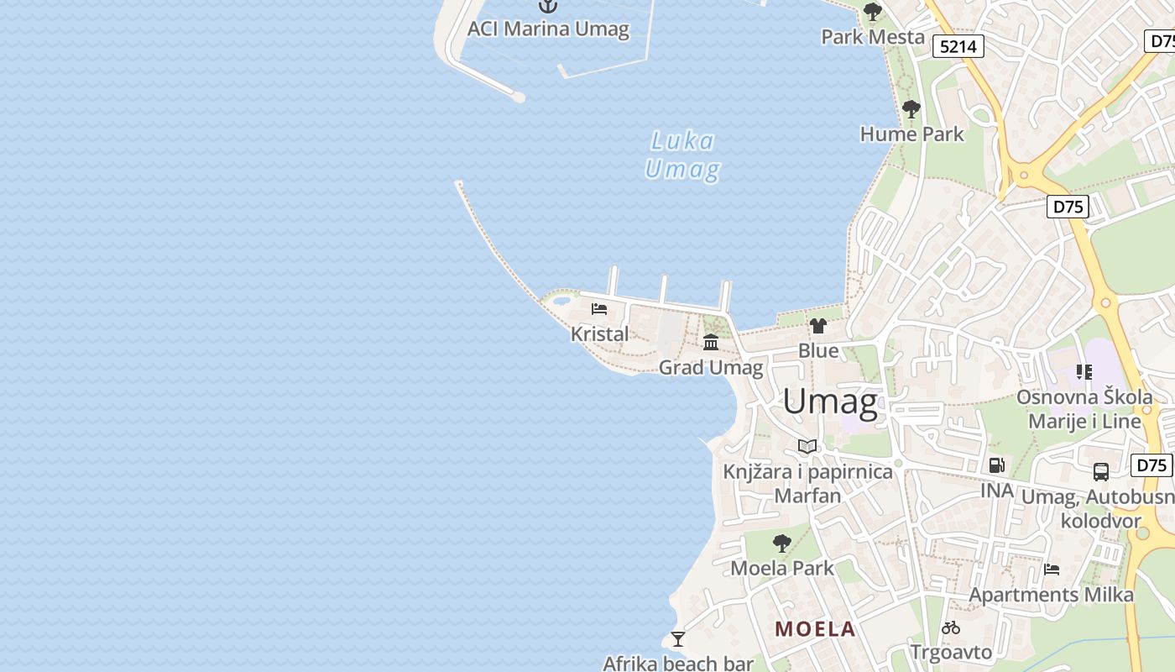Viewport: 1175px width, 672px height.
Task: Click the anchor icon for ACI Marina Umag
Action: point(547,7)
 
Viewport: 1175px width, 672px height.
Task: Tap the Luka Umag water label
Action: point(681,155)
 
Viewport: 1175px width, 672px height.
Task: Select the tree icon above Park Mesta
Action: point(873,12)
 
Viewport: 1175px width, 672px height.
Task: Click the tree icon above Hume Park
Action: point(911,109)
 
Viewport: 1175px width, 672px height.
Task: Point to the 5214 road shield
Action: point(958,46)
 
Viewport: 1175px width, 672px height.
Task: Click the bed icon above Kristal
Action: point(599,309)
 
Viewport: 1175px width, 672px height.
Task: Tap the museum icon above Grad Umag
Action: point(711,342)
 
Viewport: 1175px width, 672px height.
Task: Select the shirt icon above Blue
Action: point(818,326)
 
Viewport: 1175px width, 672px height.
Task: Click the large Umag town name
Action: point(830,402)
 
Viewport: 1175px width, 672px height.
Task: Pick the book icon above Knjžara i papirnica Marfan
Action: point(807,446)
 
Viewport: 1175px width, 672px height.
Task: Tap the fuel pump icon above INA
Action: point(996,465)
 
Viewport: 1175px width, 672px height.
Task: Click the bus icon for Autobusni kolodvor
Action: point(1101,472)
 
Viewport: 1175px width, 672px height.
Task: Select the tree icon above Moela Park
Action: point(782,543)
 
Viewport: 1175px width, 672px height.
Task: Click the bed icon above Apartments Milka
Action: point(1052,570)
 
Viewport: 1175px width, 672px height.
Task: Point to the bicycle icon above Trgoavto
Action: point(951,627)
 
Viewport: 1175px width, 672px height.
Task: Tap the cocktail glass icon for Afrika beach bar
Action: point(678,639)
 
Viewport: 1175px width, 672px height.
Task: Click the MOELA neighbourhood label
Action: point(815,629)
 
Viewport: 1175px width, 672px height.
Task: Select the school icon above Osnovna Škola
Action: point(1084,371)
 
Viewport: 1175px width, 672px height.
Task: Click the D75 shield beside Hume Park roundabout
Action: point(1068,207)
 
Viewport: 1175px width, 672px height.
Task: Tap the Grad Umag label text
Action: point(711,367)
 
